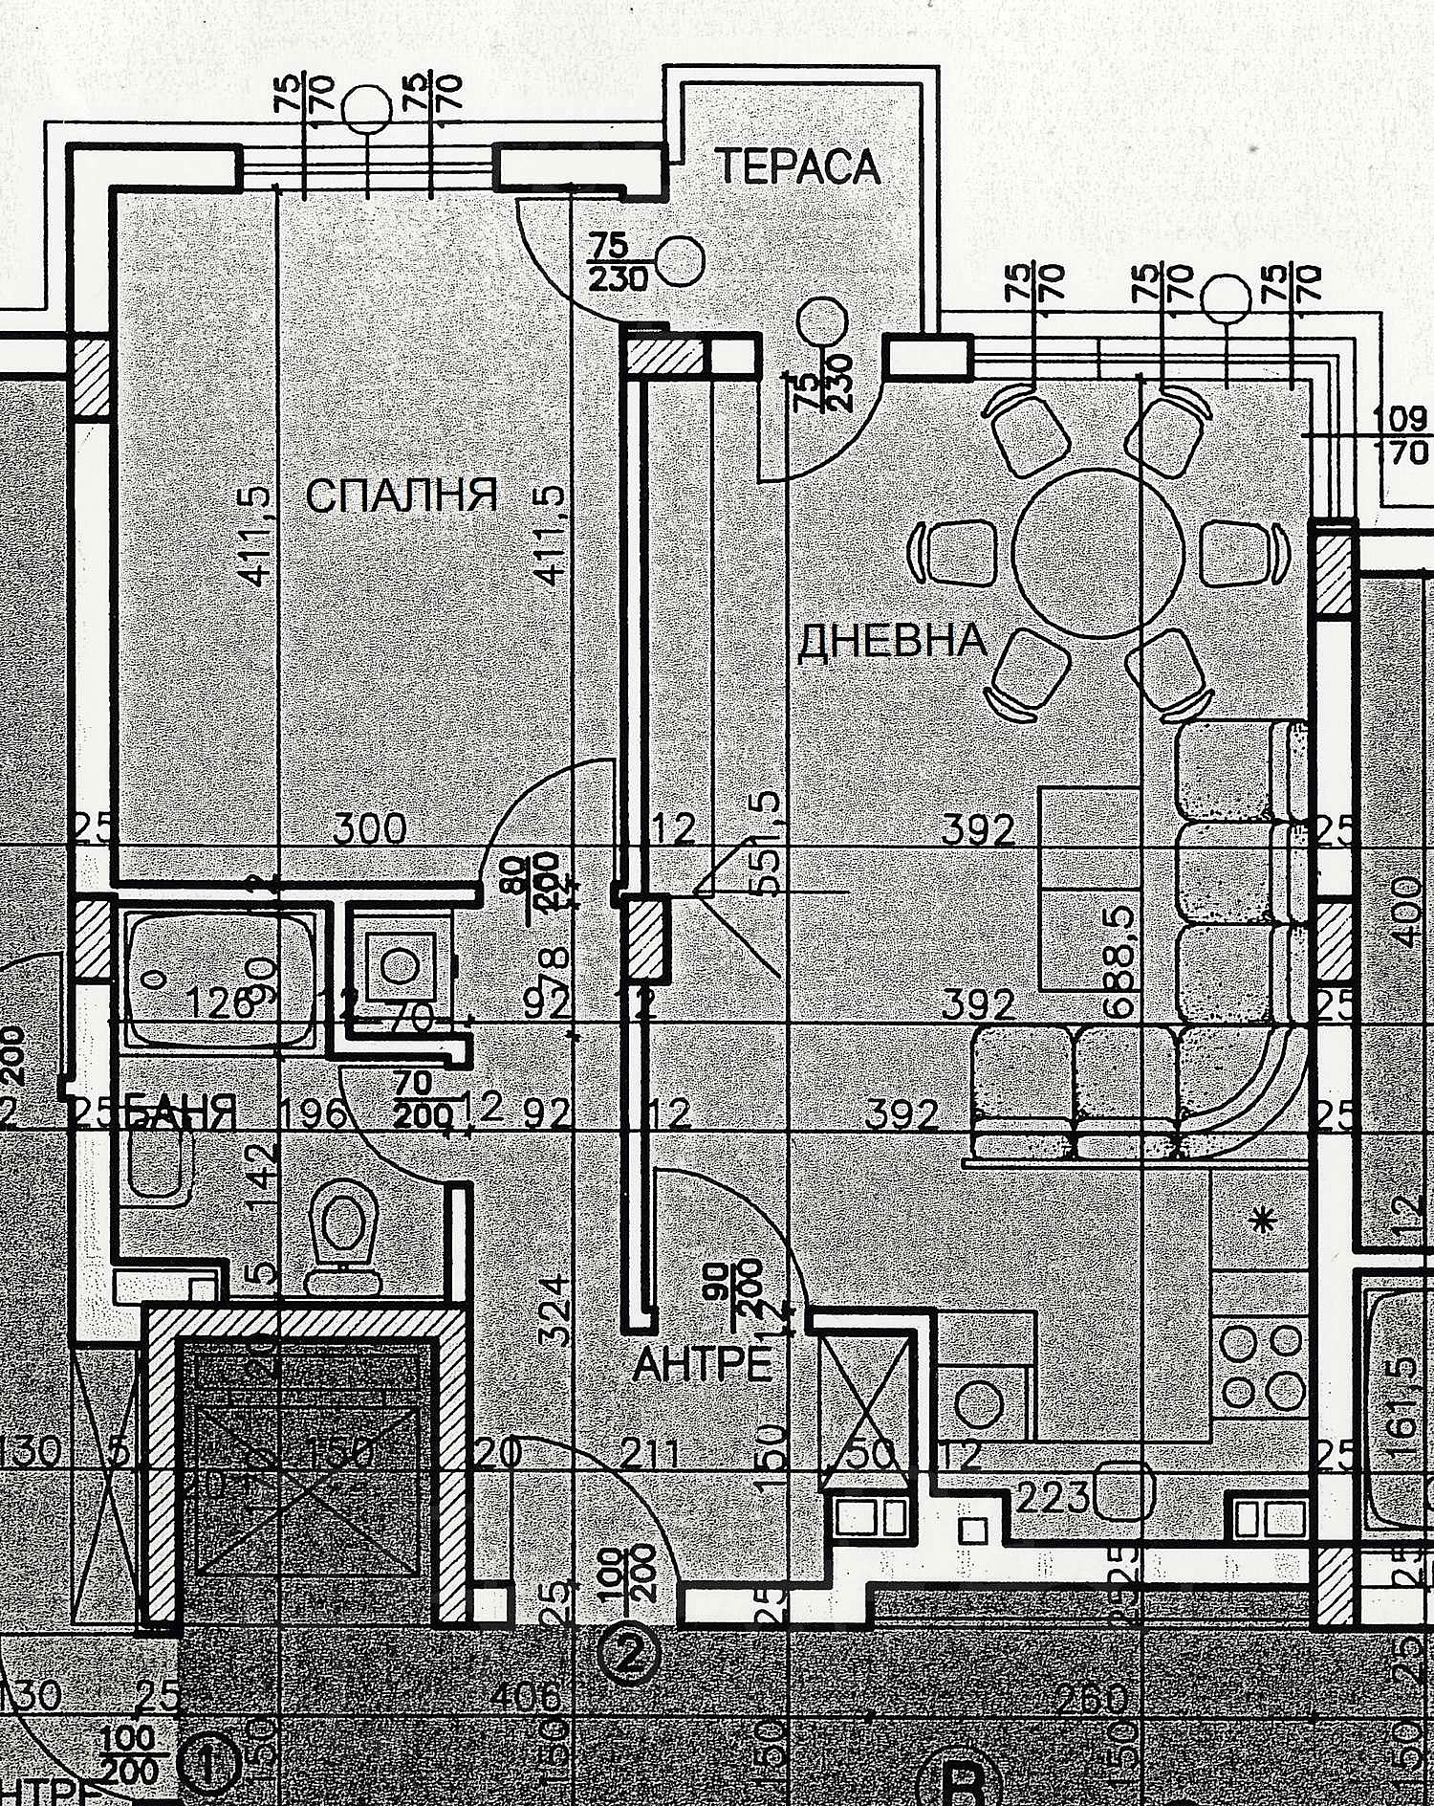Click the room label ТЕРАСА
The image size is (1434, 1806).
[x=797, y=166]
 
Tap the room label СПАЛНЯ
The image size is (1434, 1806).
[x=402, y=496]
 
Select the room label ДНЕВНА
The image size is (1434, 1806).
[x=892, y=640]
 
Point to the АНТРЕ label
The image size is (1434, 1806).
[x=703, y=1364]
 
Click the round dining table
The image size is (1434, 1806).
[x=1098, y=554]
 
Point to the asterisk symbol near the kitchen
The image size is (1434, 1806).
[x=1264, y=1221]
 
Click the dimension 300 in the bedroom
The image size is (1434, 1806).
[x=370, y=828]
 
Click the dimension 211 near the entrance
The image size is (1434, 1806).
[x=650, y=1455]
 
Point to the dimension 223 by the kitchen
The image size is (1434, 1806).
[x=1053, y=1497]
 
